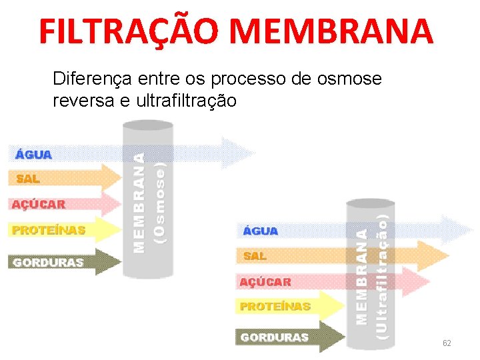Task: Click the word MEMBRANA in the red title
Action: coord(335,31)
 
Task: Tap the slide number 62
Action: coord(447,343)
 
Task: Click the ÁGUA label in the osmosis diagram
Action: coord(33,155)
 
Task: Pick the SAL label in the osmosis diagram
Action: coord(28,179)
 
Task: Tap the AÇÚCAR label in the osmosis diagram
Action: coord(38,204)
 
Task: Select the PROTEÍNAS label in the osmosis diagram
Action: coord(49,230)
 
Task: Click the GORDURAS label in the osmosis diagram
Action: coord(48,262)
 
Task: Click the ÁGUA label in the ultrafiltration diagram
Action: coord(260,231)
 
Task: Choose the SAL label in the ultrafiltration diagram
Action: coord(255,256)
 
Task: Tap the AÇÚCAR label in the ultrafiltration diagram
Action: coord(265,282)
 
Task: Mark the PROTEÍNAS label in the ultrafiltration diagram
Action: coord(275,307)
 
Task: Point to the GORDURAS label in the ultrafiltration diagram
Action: coord(275,337)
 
